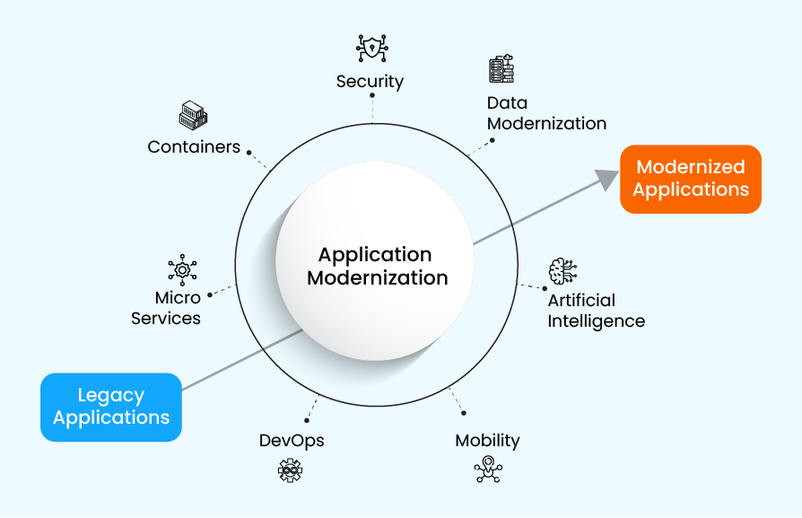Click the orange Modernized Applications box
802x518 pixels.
[x=690, y=179]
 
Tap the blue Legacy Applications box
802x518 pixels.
[x=111, y=407]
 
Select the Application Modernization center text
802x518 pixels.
[x=376, y=267]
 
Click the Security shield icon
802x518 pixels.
[x=370, y=48]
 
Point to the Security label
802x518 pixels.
[x=370, y=82]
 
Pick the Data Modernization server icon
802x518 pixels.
[x=501, y=69]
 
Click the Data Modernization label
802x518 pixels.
[x=546, y=113]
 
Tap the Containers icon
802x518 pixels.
[x=193, y=115]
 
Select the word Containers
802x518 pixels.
[x=194, y=146]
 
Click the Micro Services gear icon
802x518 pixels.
[x=182, y=269]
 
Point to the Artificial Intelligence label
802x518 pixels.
[x=596, y=311]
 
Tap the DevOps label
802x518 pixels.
[x=292, y=441]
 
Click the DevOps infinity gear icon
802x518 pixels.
[x=290, y=470]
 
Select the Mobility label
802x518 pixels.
[x=487, y=441]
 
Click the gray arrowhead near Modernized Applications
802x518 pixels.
[x=609, y=180]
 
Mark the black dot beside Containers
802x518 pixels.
[x=249, y=153]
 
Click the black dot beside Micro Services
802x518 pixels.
[x=210, y=294]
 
